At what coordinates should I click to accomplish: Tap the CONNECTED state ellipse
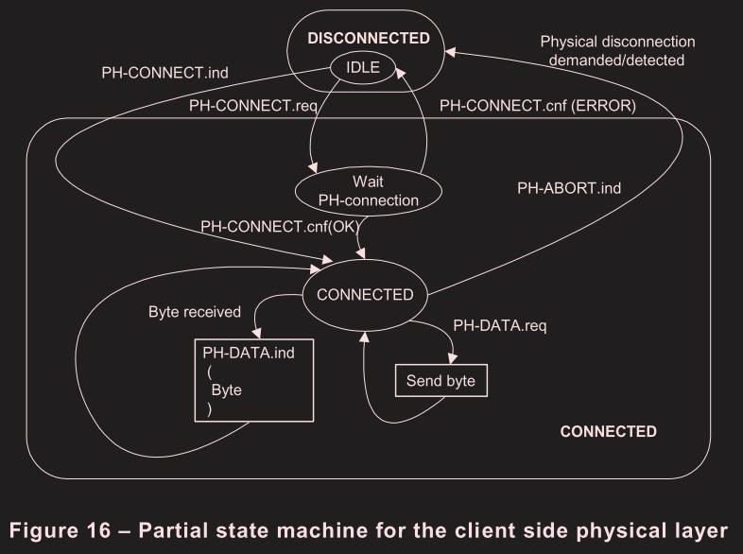click(365, 294)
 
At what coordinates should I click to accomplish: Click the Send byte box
click(441, 381)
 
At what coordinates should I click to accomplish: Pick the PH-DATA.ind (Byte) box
click(253, 380)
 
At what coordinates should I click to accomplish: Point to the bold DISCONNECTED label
click(369, 38)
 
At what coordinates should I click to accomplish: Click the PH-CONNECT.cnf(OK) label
click(277, 226)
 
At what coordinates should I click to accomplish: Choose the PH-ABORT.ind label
click(569, 188)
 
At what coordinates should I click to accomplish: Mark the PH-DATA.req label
click(501, 326)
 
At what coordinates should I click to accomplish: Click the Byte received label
click(195, 312)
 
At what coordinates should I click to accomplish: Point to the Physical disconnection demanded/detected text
click(617, 50)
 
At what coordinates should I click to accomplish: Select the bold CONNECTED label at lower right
click(608, 431)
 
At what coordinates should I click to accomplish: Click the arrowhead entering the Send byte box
click(456, 361)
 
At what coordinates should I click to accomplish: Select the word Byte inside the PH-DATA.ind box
click(226, 390)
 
